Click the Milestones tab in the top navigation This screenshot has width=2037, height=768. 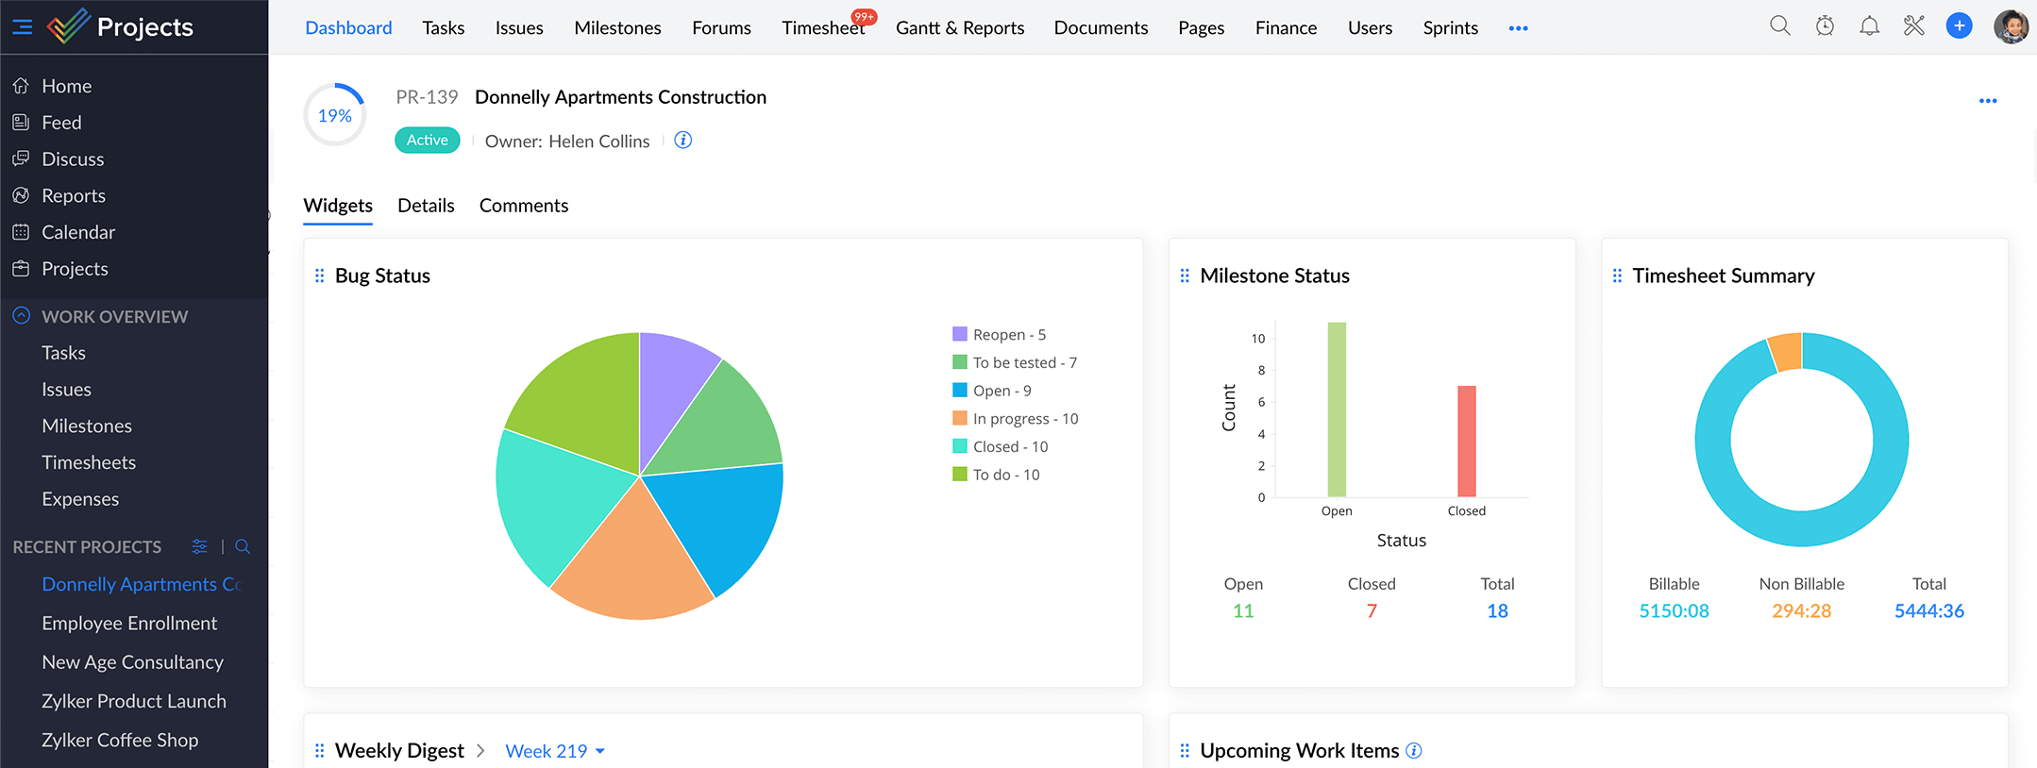pyautogui.click(x=617, y=28)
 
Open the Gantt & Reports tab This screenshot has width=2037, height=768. pyautogui.click(x=959, y=28)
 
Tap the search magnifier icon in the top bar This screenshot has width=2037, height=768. pyautogui.click(x=1779, y=26)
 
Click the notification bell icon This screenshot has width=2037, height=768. pyautogui.click(x=1869, y=26)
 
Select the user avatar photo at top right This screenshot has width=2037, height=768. pyautogui.click(x=2011, y=26)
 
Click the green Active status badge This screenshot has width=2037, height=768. pyautogui.click(x=428, y=141)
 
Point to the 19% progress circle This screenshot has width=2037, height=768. pyautogui.click(x=335, y=115)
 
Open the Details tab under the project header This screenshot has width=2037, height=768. pyautogui.click(x=426, y=206)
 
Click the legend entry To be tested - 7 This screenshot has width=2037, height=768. pyautogui.click(x=1024, y=362)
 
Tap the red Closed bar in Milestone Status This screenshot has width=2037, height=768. pyautogui.click(x=1466, y=441)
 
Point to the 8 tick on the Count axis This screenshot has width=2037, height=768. pyautogui.click(x=1261, y=371)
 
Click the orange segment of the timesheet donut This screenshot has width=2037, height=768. pyautogui.click(x=1784, y=351)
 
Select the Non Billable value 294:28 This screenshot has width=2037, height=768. pyautogui.click(x=1801, y=610)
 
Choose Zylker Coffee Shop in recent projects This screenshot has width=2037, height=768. pyautogui.click(x=120, y=740)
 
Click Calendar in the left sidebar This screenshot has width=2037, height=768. pyautogui.click(x=78, y=232)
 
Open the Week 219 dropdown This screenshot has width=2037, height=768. pyautogui.click(x=555, y=751)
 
